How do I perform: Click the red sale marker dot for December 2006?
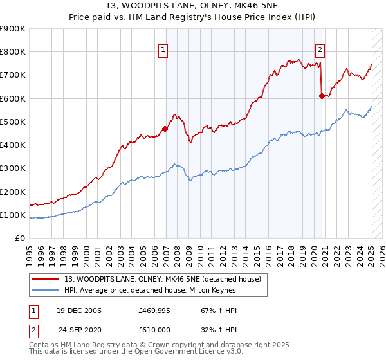tap(165, 129)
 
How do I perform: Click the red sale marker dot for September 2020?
tap(322, 96)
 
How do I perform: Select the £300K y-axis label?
tap(12, 168)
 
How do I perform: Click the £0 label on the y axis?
tap(20, 239)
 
